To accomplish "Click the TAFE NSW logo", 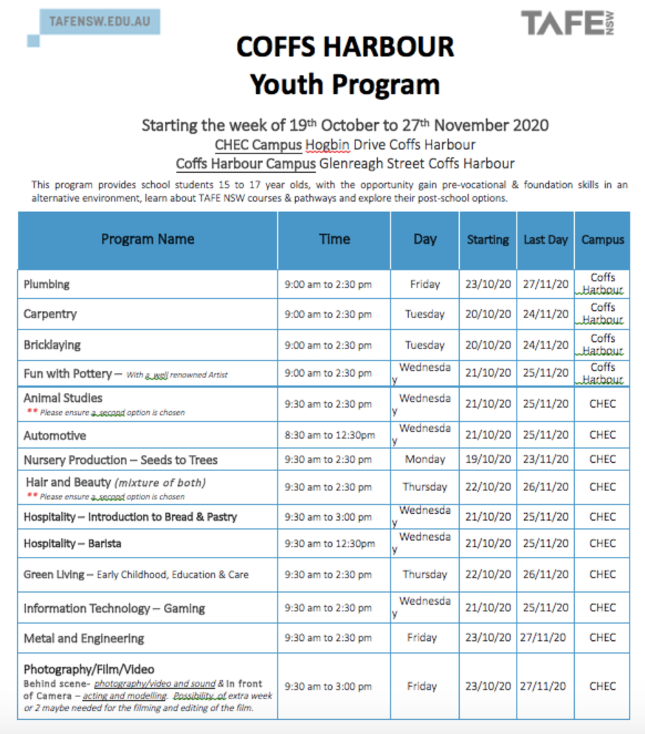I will (x=568, y=23).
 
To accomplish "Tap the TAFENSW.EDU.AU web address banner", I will (x=99, y=21).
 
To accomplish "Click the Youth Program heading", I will (x=345, y=84).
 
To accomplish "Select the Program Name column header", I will (x=148, y=239).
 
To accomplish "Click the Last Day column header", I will (x=545, y=240).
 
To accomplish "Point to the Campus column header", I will (x=602, y=240).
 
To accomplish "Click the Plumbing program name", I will (x=46, y=284).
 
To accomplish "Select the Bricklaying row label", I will (x=52, y=345).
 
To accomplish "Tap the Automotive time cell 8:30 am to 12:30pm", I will (x=330, y=436).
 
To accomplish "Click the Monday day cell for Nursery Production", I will (x=425, y=459).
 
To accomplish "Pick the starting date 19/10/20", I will (x=488, y=459).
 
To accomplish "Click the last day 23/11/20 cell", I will (x=545, y=459).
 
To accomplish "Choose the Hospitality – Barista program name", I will (x=72, y=543).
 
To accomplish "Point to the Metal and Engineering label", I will (x=83, y=638).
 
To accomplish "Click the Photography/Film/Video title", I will (x=89, y=670).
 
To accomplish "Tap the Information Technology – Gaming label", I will (x=114, y=608).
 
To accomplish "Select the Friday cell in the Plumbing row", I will (x=425, y=284).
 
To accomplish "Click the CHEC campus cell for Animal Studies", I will (x=602, y=404).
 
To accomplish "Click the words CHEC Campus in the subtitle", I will (x=258, y=145).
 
